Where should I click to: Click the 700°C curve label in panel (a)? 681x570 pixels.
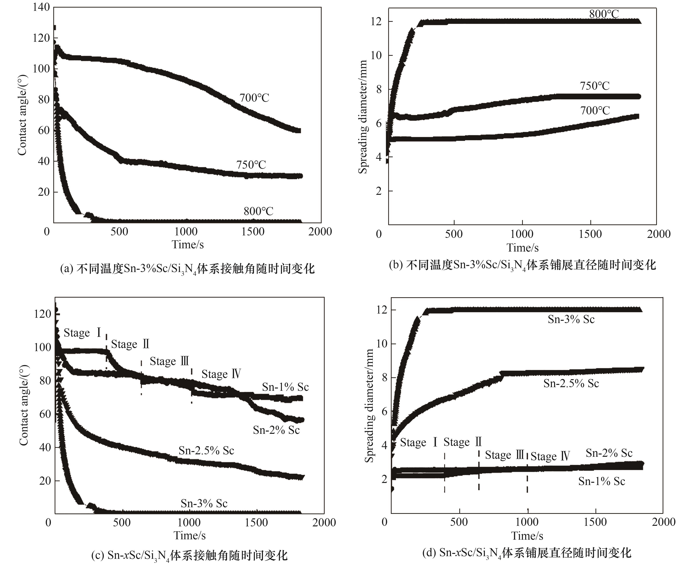pos(254,98)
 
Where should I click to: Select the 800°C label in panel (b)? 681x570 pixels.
pos(604,14)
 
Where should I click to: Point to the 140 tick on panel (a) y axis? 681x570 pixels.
pos(41,7)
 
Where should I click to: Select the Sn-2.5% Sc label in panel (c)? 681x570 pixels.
pos(206,451)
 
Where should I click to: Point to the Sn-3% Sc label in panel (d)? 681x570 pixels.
pos(571,320)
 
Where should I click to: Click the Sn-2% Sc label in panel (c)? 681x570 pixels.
pos(276,430)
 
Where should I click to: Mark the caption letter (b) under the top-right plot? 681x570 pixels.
pos(396,265)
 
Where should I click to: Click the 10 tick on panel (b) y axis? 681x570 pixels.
pos(376,55)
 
